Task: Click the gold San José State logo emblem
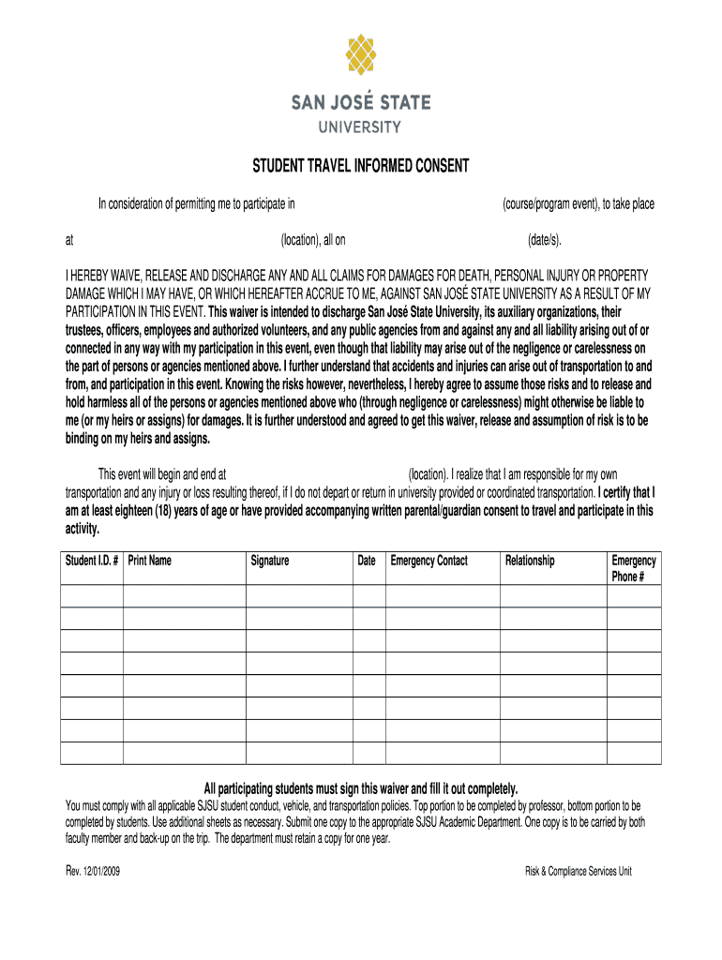click(x=361, y=54)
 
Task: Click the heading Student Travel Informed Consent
click(x=361, y=168)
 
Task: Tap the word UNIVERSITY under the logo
click(x=361, y=127)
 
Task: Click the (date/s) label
click(x=545, y=240)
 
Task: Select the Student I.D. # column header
click(x=91, y=561)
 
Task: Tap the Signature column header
click(x=270, y=561)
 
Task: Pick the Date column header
click(x=367, y=561)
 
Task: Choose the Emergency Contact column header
click(x=429, y=561)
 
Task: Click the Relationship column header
click(x=530, y=561)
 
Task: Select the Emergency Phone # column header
click(x=634, y=568)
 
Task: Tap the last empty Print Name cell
click(x=184, y=753)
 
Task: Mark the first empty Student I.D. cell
click(x=91, y=595)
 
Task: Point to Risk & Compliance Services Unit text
click(x=579, y=871)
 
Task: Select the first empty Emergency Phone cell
click(x=634, y=595)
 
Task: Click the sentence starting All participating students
click(x=361, y=787)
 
